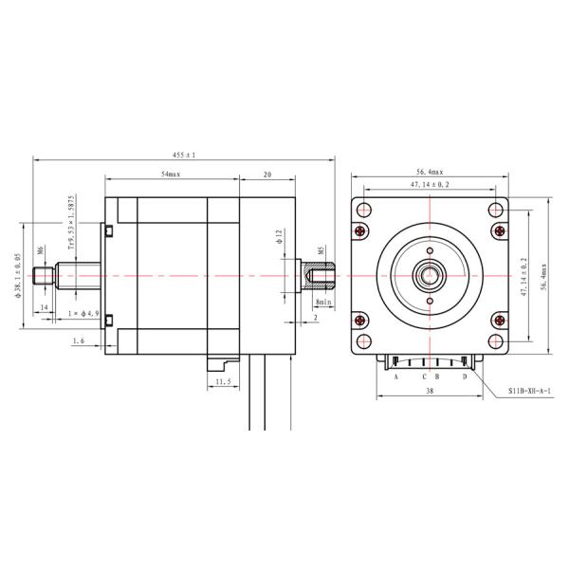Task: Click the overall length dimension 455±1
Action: (183, 155)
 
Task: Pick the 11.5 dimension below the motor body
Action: (224, 381)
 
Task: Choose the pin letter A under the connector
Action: (395, 376)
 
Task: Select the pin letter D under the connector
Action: (464, 376)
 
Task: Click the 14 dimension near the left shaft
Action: (44, 309)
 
